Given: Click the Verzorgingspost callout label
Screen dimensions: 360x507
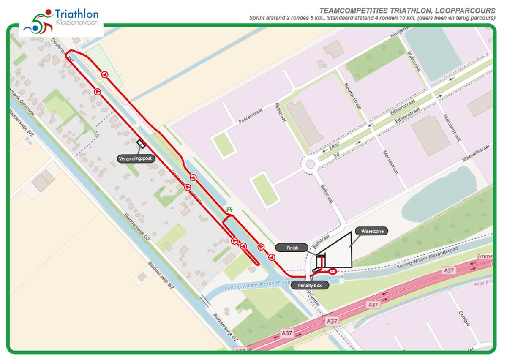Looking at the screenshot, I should click(136, 159).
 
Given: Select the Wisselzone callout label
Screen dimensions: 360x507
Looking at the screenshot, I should click(371, 231).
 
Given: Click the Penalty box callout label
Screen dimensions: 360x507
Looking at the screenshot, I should click(310, 286).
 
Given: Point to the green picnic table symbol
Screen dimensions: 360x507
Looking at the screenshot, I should click(229, 208).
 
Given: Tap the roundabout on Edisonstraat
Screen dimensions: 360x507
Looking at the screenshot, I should click(311, 163).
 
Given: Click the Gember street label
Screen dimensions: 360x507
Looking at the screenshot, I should click(464, 319).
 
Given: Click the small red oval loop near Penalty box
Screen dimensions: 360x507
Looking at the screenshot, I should click(333, 271).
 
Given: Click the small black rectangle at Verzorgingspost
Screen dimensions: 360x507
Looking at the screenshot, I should click(141, 144).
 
